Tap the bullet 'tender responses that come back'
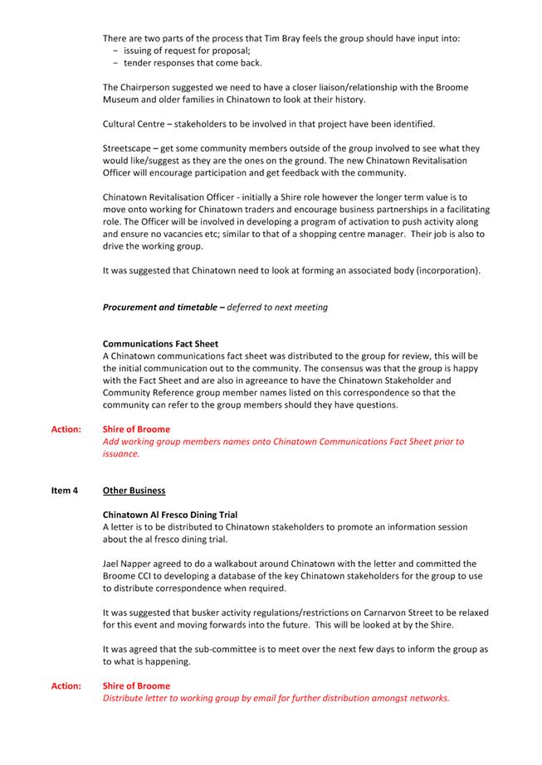[181, 63]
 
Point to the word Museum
[121, 99]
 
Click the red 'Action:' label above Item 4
[66, 429]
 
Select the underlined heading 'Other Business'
[134, 491]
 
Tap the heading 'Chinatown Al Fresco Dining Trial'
[170, 515]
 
